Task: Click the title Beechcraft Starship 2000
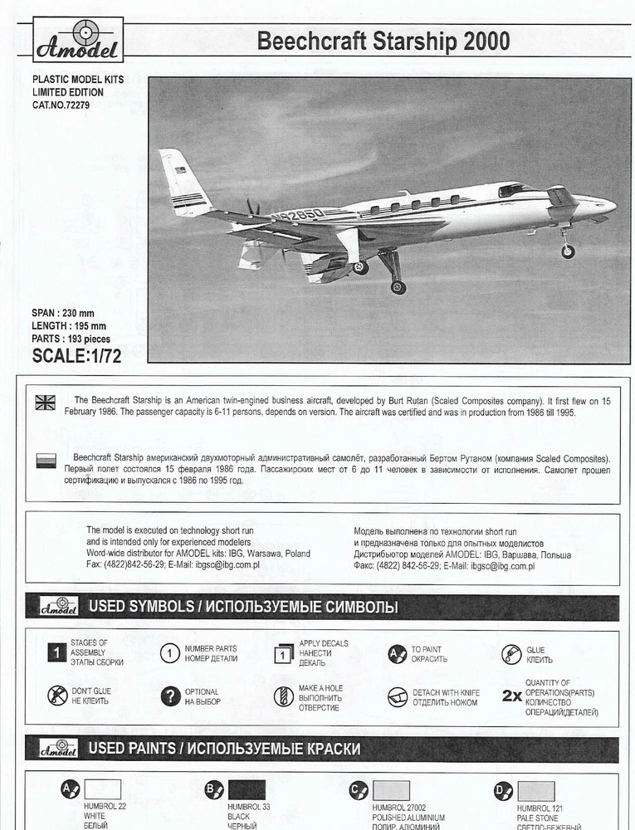coord(383,41)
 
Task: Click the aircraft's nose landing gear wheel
coord(568,251)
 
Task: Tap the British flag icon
coord(46,403)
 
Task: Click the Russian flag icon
coord(46,459)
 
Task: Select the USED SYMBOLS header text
coord(242,607)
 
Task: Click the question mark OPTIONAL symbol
coord(169,696)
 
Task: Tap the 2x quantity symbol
coord(511,696)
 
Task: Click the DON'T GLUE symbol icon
coord(57,696)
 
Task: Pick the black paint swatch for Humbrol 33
coord(247,789)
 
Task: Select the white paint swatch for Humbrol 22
coord(102,789)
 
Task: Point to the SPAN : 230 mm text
coord(63,313)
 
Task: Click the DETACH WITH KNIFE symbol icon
coord(398,696)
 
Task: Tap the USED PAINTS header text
coord(224,749)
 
